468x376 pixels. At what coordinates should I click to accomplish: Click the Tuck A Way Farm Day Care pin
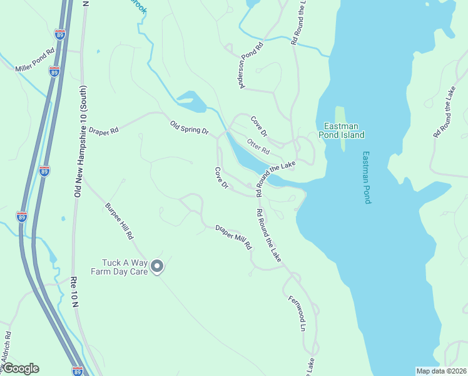pyautogui.click(x=158, y=267)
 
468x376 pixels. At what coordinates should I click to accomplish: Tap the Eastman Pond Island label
pyautogui.click(x=341, y=130)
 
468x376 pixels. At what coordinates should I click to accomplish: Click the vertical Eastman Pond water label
pyautogui.click(x=367, y=177)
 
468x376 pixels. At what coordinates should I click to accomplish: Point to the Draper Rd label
pyautogui.click(x=103, y=132)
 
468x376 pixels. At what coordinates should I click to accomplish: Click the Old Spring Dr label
pyautogui.click(x=189, y=127)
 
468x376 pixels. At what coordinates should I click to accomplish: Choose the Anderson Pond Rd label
pyautogui.click(x=252, y=65)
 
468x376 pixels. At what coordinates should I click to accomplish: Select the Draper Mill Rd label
pyautogui.click(x=233, y=237)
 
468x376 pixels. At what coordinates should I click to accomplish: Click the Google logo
pyautogui.click(x=20, y=368)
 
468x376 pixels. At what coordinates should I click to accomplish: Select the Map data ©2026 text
pyautogui.click(x=441, y=371)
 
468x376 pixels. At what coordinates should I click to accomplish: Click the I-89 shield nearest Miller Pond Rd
pyautogui.click(x=54, y=71)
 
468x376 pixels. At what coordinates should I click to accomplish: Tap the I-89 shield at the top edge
pyautogui.click(x=60, y=34)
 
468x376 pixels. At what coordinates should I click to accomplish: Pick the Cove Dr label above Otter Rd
pyautogui.click(x=259, y=126)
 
